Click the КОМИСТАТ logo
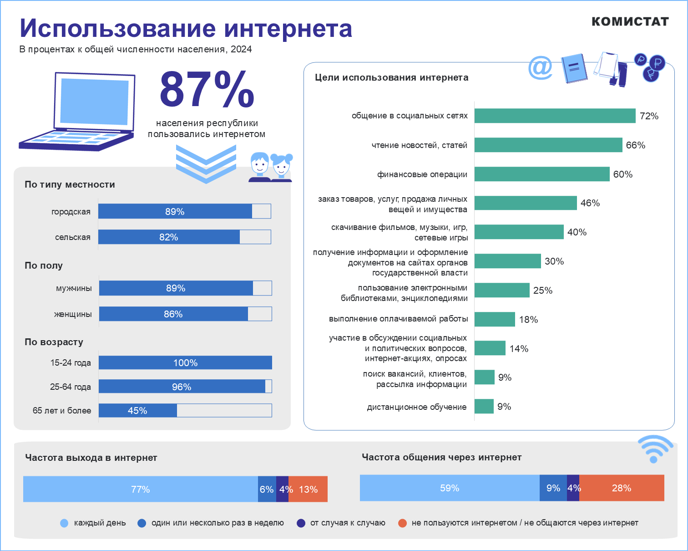click(630, 21)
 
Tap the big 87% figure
click(207, 89)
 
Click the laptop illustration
click(77, 112)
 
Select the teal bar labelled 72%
click(555, 116)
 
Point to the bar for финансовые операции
click(541, 174)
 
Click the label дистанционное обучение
click(416, 407)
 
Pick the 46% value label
click(590, 203)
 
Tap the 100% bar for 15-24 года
click(185, 362)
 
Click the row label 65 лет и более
click(62, 410)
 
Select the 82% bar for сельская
click(169, 237)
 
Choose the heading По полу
click(44, 265)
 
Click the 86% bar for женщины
click(173, 314)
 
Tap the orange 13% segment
click(308, 489)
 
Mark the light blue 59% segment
click(449, 488)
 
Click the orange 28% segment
click(621, 488)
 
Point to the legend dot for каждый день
click(64, 523)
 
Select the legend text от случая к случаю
click(348, 523)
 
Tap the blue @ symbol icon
click(540, 68)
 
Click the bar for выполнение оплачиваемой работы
click(495, 319)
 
